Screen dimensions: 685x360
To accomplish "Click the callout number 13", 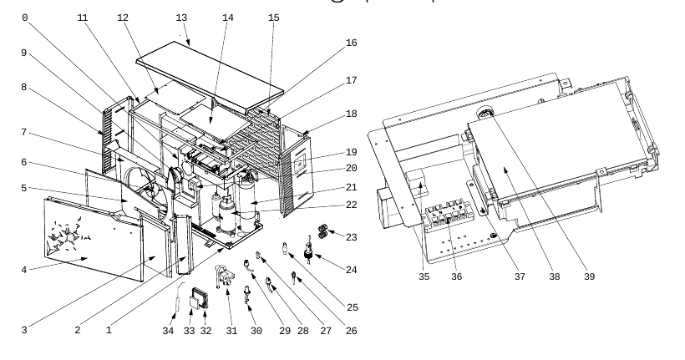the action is coord(181,18).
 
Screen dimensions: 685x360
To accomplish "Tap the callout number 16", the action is coord(351,43).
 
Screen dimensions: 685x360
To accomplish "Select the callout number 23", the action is coord(351,237).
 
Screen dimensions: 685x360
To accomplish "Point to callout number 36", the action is coord(456,276).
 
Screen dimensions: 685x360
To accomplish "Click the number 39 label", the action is coord(589,276).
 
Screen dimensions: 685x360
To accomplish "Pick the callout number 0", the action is coord(25,18).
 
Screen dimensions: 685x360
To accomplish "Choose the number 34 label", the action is coord(168,331).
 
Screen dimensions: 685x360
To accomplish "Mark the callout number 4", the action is coord(24,270).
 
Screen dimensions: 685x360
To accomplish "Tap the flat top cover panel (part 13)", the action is coord(210,77).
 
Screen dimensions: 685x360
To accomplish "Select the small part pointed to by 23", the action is coord(322,231).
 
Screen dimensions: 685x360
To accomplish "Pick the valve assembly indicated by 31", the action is coord(224,276).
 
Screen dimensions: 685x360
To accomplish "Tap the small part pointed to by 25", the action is coord(285,248).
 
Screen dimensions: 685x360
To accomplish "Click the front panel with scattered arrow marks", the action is coord(94,240).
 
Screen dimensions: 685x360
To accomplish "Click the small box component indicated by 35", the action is coord(417,183).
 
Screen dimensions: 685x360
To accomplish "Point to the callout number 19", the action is coord(351,153).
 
